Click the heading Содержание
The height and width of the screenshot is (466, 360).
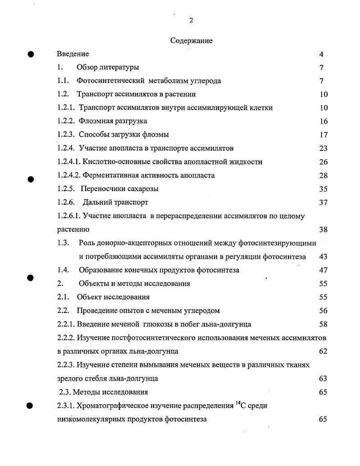[x=191, y=41]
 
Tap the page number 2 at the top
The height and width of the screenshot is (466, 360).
[x=191, y=20]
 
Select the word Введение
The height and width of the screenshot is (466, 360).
[x=73, y=54]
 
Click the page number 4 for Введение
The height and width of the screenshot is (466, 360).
[x=321, y=55]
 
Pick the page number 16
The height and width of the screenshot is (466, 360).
[x=323, y=122]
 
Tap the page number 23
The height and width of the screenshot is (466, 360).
[x=323, y=148]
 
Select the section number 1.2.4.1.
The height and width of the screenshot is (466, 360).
[x=69, y=162]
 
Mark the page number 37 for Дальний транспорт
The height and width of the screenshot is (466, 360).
[x=323, y=202]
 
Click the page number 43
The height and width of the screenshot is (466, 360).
[x=323, y=256]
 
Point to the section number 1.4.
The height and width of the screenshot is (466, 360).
[x=63, y=270]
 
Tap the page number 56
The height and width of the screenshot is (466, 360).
[x=323, y=311]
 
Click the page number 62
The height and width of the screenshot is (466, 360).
[x=323, y=352]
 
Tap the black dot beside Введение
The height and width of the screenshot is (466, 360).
[x=31, y=54]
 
